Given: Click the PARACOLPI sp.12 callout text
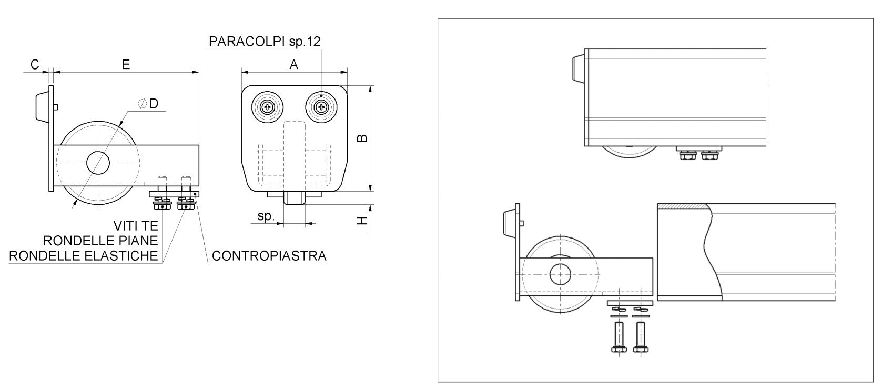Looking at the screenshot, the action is click(x=265, y=42).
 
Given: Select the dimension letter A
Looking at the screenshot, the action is click(x=294, y=65).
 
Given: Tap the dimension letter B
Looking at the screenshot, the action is click(x=362, y=138).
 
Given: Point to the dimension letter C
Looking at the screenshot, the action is click(x=35, y=64).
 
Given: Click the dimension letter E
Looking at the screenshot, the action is click(x=126, y=65).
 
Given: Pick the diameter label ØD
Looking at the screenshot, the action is click(x=148, y=104).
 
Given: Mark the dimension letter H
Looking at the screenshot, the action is click(x=362, y=220).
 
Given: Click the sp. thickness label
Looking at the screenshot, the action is click(x=266, y=216).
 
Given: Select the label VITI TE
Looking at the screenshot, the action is click(x=136, y=226).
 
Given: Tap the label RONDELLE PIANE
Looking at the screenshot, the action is click(x=101, y=241).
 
